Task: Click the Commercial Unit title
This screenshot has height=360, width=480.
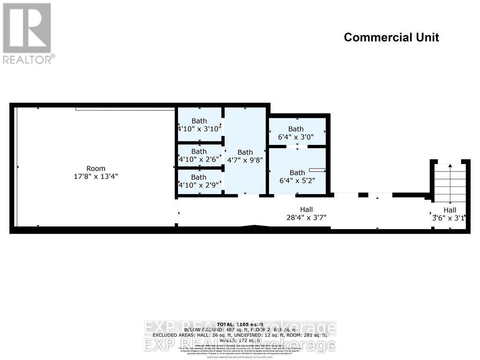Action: [391, 37]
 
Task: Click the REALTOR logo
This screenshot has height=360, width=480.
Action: [28, 33]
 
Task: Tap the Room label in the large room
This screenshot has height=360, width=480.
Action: [96, 168]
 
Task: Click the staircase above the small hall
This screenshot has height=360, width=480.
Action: [450, 182]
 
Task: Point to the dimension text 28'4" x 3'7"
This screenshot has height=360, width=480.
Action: [306, 217]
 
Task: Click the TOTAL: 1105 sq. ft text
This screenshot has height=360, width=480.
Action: [240, 324]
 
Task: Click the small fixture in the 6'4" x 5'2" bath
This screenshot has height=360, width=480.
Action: [317, 170]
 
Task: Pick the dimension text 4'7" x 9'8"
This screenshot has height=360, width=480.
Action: [245, 160]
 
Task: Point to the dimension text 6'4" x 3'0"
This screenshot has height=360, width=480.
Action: [296, 137]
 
